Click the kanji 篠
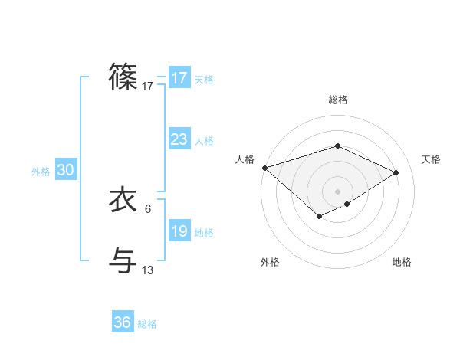(x=123, y=77)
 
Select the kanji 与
(x=123, y=260)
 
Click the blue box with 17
(x=179, y=78)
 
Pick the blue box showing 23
(x=179, y=139)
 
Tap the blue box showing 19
(x=179, y=231)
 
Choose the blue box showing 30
(x=65, y=171)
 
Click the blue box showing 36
(x=123, y=322)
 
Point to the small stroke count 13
(x=148, y=270)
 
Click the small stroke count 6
(x=147, y=208)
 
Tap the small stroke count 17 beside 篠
(x=148, y=87)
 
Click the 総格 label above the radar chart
(x=337, y=100)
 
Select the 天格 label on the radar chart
(x=432, y=159)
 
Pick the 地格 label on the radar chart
(x=402, y=262)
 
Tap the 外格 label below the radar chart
(x=270, y=262)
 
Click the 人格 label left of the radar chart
(x=245, y=159)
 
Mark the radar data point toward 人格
(x=264, y=168)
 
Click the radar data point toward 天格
(x=396, y=172)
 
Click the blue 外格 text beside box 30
(x=41, y=172)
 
